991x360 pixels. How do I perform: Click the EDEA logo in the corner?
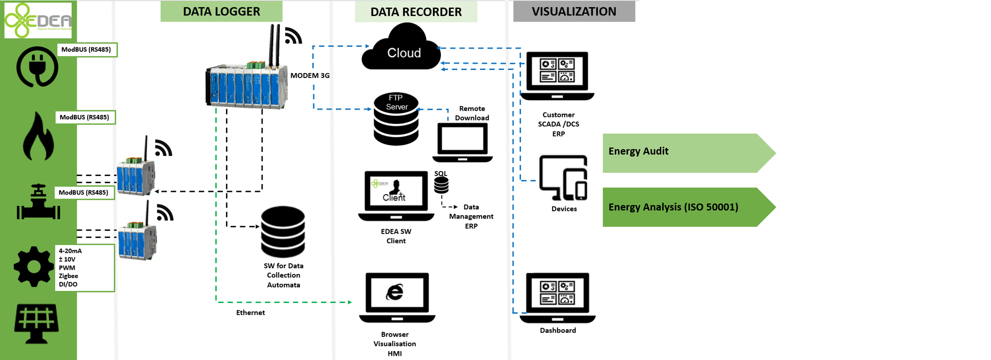click(x=38, y=20)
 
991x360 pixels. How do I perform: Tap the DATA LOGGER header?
click(x=221, y=11)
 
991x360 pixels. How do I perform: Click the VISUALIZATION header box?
click(x=574, y=11)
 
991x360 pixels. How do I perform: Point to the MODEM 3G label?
click(x=310, y=75)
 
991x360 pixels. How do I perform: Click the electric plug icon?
click(x=37, y=67)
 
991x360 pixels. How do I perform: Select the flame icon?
click(x=38, y=137)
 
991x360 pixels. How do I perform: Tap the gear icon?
click(x=34, y=266)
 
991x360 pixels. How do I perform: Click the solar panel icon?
click(x=36, y=323)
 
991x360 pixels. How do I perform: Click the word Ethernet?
click(x=250, y=313)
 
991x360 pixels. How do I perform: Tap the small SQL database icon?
click(x=441, y=184)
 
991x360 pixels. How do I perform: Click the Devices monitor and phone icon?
click(x=564, y=178)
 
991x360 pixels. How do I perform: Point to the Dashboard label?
click(x=558, y=330)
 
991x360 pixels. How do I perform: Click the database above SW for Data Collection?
click(x=283, y=231)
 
